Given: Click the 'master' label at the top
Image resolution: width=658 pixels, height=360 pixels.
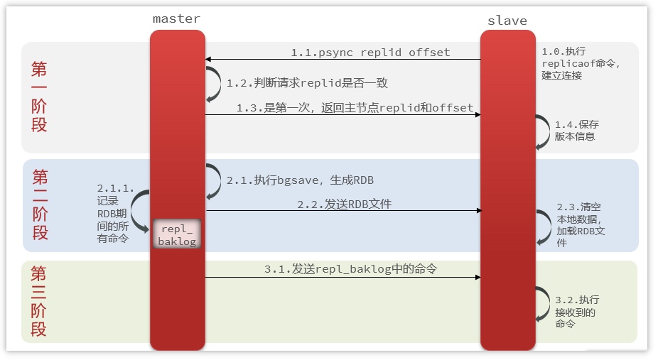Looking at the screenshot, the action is [176, 18].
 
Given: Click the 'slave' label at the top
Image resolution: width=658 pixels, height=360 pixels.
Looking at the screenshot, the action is [507, 20].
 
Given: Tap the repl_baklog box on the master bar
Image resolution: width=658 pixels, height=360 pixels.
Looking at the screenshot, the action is [177, 234].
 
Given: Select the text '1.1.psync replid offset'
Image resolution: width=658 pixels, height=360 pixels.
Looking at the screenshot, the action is [370, 53].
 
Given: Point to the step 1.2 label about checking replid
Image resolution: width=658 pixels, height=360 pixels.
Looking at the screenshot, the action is [307, 83].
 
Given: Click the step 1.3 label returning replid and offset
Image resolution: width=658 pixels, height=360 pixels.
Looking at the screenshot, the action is [355, 108].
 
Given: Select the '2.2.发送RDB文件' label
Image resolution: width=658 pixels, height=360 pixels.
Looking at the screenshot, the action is [345, 204].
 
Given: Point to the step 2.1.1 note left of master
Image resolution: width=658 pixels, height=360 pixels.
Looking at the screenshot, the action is [115, 213].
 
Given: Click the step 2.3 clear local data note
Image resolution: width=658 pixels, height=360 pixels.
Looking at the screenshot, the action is [581, 225].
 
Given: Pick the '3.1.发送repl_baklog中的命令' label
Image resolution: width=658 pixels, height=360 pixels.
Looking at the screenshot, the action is [350, 270].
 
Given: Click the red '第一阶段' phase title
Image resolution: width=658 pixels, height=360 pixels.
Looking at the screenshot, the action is [40, 97].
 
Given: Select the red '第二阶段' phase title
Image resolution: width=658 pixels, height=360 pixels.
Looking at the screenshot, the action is [40, 204].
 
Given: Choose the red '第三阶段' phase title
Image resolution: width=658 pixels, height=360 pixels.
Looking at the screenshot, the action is [40, 301].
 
